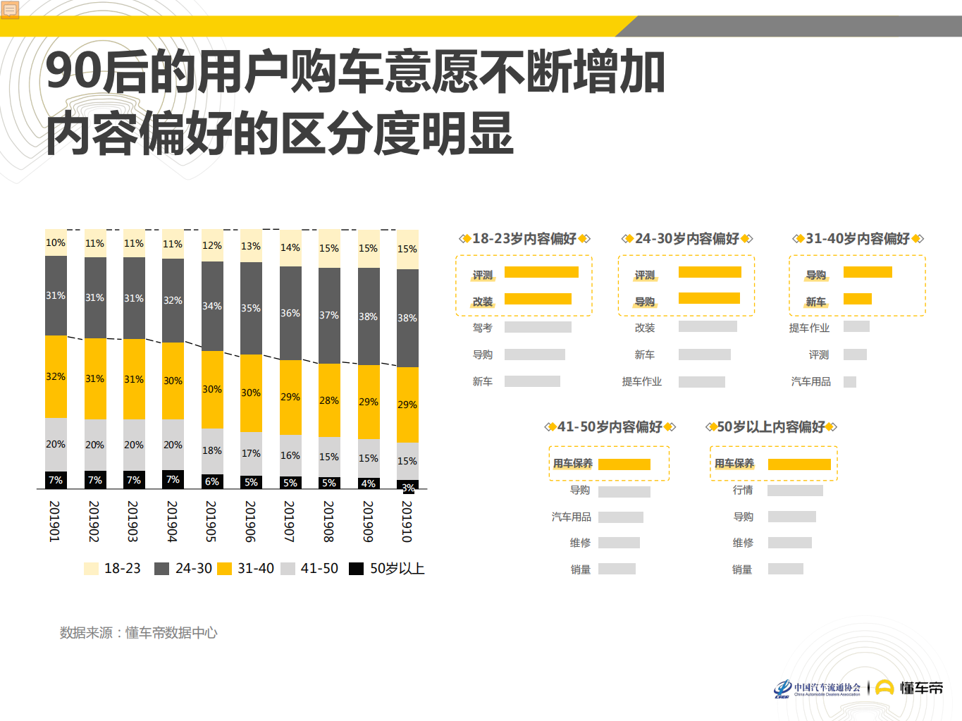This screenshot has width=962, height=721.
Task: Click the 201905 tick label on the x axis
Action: tap(211, 522)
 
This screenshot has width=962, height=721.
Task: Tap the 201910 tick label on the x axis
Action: tap(407, 522)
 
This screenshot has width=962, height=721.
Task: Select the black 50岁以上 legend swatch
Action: tap(357, 569)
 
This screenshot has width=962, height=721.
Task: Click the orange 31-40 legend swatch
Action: tap(225, 569)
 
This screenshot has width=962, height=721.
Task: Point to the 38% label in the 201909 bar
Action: tap(368, 316)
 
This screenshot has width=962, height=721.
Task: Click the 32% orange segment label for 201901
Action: tap(56, 376)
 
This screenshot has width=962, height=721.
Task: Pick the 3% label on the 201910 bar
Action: tap(408, 488)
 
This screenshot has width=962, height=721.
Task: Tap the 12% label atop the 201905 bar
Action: tap(212, 245)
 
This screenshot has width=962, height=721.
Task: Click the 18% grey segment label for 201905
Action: tap(212, 450)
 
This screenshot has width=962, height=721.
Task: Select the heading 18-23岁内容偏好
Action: tap(524, 239)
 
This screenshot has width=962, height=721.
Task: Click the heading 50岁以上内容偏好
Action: tap(771, 427)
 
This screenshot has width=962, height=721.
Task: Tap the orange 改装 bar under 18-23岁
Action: tap(538, 299)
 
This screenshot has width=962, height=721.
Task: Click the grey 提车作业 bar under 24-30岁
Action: tap(701, 382)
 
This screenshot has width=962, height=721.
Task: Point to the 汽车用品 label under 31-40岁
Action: tap(810, 381)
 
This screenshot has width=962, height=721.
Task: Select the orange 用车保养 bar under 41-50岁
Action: tap(624, 464)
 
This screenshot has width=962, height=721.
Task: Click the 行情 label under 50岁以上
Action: tap(743, 490)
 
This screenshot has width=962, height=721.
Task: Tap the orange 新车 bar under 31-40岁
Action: tap(857, 299)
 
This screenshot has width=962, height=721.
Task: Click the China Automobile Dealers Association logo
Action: tap(818, 689)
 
